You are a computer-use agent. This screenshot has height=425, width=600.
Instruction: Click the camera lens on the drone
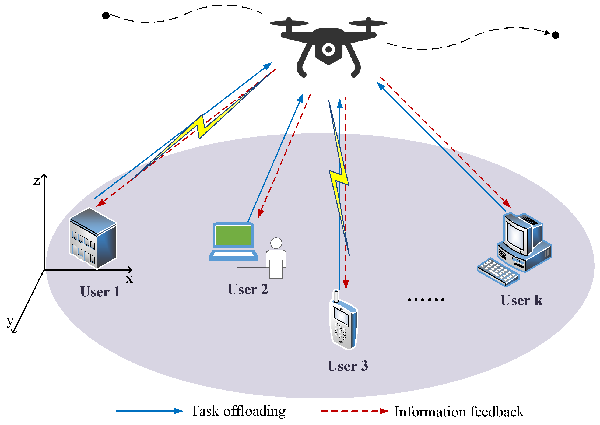click(328, 50)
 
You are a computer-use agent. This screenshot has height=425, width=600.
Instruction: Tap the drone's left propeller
click(289, 23)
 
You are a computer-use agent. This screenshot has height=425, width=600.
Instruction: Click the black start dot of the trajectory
click(106, 16)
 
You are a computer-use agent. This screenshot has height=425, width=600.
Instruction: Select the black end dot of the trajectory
click(555, 35)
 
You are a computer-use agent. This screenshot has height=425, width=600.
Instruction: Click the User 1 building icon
click(93, 238)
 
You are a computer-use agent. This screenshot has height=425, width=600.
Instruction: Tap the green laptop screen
click(233, 235)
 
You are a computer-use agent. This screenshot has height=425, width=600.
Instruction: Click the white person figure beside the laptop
click(276, 258)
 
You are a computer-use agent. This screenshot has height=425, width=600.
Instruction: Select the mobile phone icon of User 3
click(343, 323)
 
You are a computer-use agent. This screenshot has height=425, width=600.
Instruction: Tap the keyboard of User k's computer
click(498, 272)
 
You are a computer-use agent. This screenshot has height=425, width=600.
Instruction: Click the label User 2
click(248, 289)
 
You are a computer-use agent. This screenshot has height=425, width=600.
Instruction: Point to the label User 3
click(348, 366)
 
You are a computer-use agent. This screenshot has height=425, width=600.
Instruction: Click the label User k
click(521, 300)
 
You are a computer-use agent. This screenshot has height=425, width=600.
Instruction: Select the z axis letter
click(36, 181)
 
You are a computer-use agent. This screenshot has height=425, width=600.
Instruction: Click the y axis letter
click(10, 321)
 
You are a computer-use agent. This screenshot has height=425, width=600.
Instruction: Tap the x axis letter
click(129, 279)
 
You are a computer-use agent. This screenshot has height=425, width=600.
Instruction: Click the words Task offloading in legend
click(238, 411)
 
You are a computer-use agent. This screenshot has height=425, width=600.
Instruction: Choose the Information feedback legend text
click(459, 412)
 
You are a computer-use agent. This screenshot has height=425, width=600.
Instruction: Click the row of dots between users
click(426, 300)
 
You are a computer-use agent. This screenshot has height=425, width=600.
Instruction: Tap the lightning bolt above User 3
click(339, 178)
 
